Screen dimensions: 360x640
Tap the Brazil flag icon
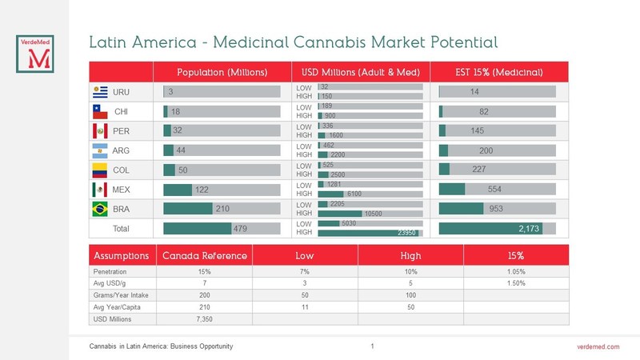(100, 209)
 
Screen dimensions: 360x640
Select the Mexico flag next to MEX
(100, 190)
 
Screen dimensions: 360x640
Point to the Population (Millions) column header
(222, 72)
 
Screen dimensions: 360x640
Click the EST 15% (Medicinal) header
(500, 72)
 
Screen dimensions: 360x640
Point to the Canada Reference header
(205, 256)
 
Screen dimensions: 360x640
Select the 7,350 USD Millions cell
(205, 319)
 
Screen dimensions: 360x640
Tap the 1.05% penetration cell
(516, 272)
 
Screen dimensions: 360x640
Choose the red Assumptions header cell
(121, 256)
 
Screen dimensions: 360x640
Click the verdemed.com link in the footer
(598, 346)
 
